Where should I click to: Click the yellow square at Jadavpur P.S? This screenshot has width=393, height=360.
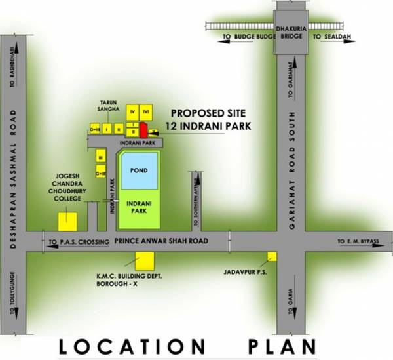coord(272,256)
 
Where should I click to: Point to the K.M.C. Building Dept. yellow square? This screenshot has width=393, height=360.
coord(145,261)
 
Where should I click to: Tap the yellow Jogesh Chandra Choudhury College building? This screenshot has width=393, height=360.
coord(67,221)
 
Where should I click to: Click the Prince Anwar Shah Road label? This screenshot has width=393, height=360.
coord(161,241)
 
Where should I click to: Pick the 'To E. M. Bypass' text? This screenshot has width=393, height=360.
coord(358,242)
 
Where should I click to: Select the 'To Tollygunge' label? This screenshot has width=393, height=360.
coord(11,292)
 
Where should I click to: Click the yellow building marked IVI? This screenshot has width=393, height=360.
coord(147,111)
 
